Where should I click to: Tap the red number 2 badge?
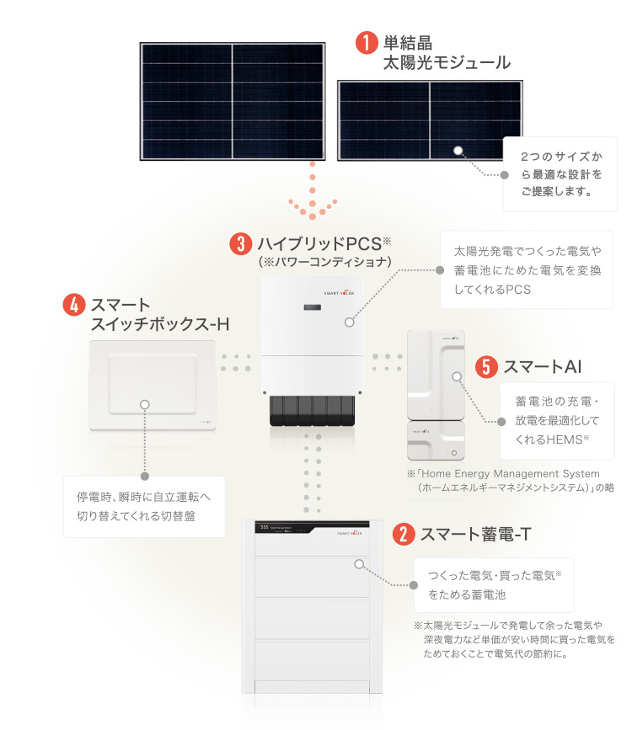(404, 533)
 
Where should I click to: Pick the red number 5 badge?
(486, 367)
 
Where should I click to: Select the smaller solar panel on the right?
(430, 120)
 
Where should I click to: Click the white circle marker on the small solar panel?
(458, 151)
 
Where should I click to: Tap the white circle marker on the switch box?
(145, 404)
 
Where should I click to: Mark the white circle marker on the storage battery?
(360, 565)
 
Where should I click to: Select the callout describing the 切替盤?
(144, 506)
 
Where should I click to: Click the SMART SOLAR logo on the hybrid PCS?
(340, 293)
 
